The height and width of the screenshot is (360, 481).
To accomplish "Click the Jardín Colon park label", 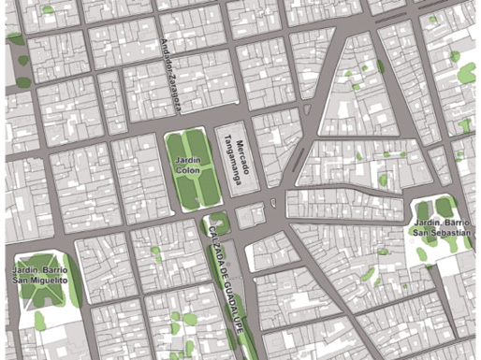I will [192, 166].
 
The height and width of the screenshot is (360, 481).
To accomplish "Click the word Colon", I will [192, 172].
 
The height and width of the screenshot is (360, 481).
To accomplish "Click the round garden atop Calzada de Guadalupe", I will [220, 224].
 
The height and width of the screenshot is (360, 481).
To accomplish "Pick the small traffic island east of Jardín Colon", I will [272, 201].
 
